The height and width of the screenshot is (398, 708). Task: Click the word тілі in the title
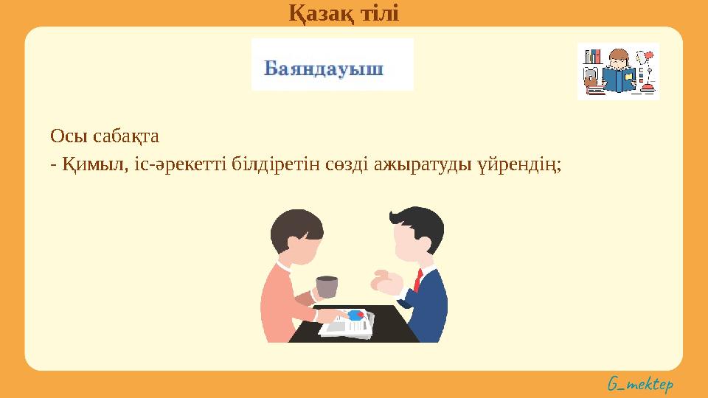click(x=378, y=12)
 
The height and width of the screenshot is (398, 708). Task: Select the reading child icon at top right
click(x=617, y=71)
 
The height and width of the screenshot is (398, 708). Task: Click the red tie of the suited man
click(x=418, y=280)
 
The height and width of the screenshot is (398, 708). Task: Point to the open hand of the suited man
click(x=385, y=282)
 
